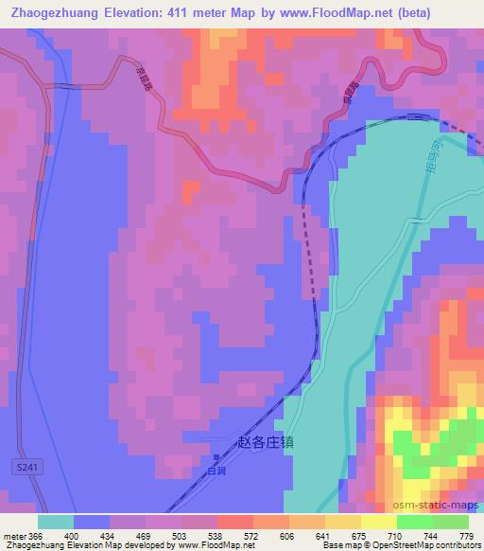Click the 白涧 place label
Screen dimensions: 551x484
[216, 471]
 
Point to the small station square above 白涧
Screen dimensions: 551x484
[216, 458]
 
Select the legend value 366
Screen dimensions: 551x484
[36, 535]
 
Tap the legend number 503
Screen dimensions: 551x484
[181, 535]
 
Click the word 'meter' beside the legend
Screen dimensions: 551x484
[13, 535]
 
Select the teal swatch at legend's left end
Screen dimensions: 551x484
[55, 522]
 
